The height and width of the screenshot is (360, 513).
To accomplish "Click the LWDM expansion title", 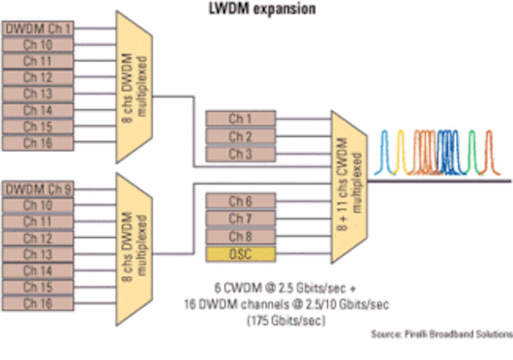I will coord(262,9).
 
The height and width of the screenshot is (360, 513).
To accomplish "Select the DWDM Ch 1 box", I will coord(38,29).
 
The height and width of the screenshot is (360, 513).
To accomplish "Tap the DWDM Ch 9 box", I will coord(38,189).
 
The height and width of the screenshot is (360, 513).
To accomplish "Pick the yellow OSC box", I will coord(240,254).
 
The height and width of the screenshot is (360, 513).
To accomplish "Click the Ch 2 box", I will coord(240,136).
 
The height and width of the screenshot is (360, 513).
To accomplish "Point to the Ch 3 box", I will coord(240,154).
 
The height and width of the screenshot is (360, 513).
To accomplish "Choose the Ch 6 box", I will coord(240,201).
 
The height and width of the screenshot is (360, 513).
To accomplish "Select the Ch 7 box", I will coord(240,218).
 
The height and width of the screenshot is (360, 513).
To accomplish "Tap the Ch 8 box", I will coord(240,236).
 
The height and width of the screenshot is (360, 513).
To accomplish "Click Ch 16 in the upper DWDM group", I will coord(38,143).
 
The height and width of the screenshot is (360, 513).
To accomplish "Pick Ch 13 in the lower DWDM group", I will coord(38,254).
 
